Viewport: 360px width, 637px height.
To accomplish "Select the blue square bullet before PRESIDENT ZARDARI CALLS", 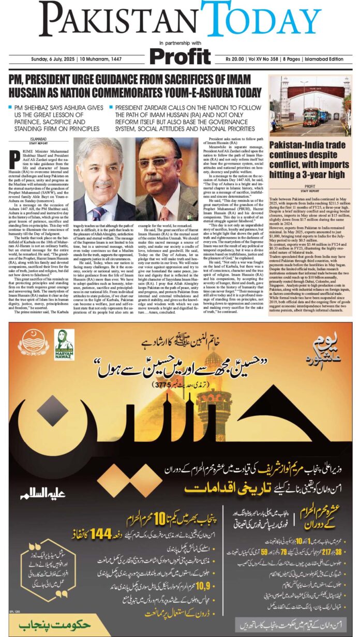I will coord(111,107).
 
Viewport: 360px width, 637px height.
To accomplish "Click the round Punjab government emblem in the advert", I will coord(34,343).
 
